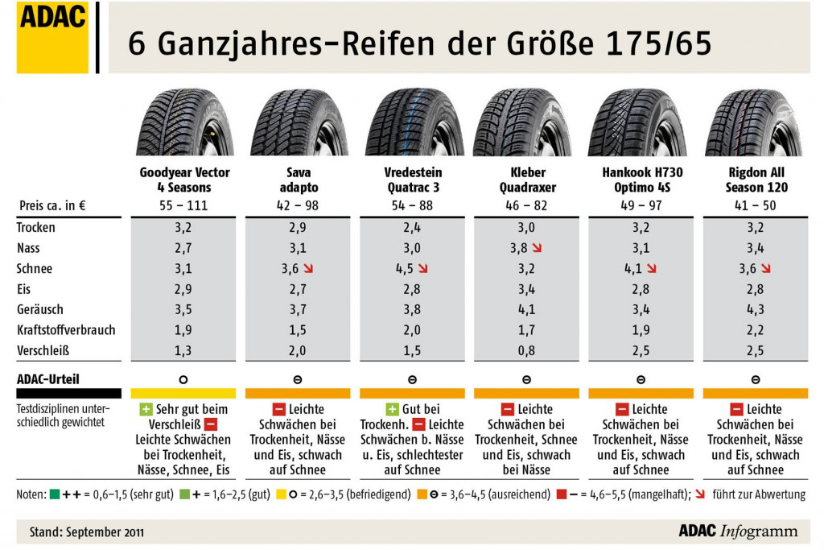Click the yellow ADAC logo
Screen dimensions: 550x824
coord(52,37)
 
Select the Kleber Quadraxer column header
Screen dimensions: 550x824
coord(527,180)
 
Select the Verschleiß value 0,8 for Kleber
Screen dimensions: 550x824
coord(527,350)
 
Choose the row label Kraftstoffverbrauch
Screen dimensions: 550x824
coord(66,329)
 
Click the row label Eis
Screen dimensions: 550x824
coord(25,289)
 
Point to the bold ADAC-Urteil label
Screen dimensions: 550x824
coord(48,378)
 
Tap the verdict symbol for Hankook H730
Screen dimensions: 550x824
coord(641,378)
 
